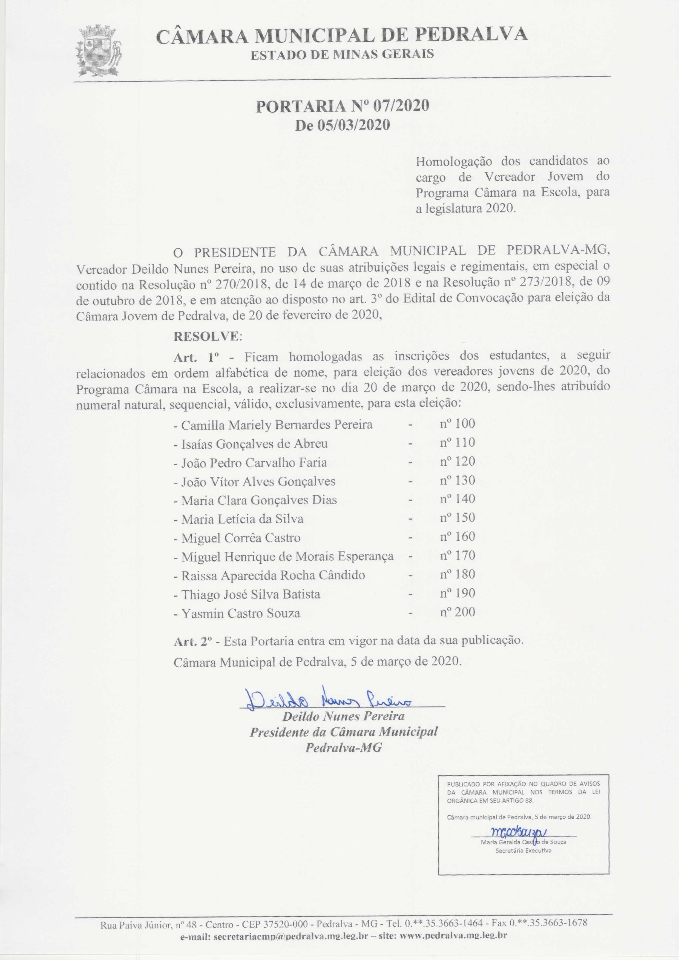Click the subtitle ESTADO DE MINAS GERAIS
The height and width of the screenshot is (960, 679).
point(342,55)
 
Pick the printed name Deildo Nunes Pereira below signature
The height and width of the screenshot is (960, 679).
point(343,716)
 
